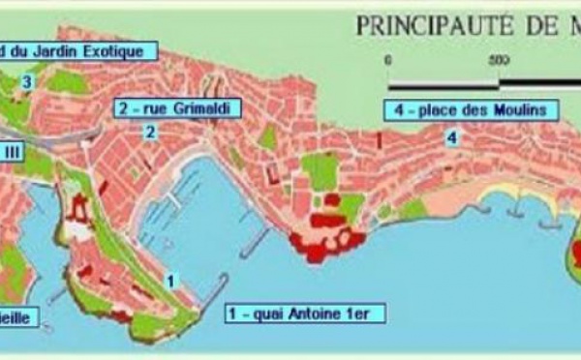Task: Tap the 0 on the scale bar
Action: coord(388,60)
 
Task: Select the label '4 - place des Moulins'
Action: coord(471,109)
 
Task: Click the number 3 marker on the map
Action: coord(26,83)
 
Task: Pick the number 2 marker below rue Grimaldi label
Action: coord(150,133)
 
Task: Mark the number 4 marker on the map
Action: coord(452,137)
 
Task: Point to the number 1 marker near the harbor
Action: coord(170,282)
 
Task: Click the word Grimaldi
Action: coord(185,107)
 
